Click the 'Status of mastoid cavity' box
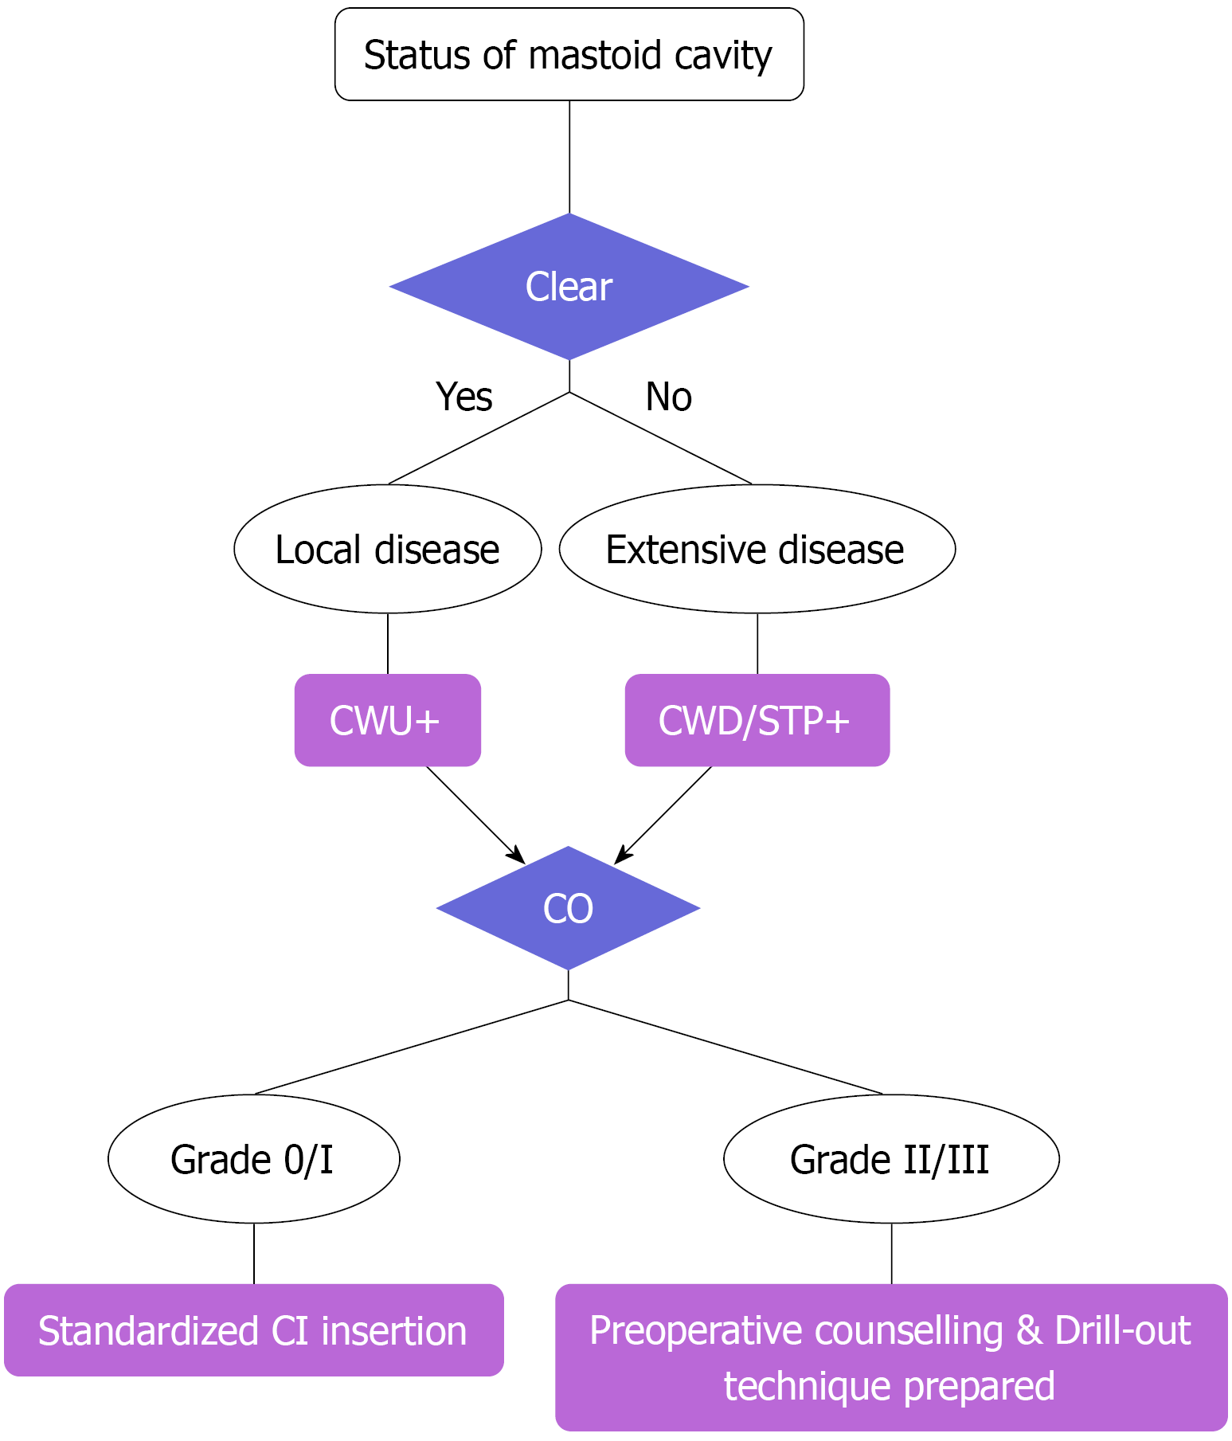569,54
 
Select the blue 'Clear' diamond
569,287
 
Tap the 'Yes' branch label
463,397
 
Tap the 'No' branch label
668,397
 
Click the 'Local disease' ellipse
387,549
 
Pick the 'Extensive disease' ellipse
757,549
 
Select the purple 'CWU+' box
387,720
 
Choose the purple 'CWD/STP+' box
757,720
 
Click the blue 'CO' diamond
568,908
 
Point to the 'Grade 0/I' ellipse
253,1159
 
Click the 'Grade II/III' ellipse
891,1159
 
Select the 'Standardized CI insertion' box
253,1330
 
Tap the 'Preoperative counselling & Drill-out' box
891,1357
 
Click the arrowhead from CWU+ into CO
518,857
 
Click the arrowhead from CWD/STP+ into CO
621,857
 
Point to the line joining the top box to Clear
569,157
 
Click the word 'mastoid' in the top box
594,55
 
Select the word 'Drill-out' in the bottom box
1123,1330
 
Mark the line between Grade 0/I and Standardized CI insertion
254,1253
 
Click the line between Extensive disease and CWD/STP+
757,644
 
